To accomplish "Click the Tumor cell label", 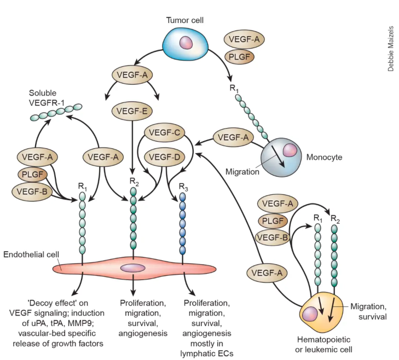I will tap(186, 20).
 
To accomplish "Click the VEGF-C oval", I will tap(165, 133).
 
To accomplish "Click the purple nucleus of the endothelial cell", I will tap(133, 268).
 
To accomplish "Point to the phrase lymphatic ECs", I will tap(210, 352).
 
